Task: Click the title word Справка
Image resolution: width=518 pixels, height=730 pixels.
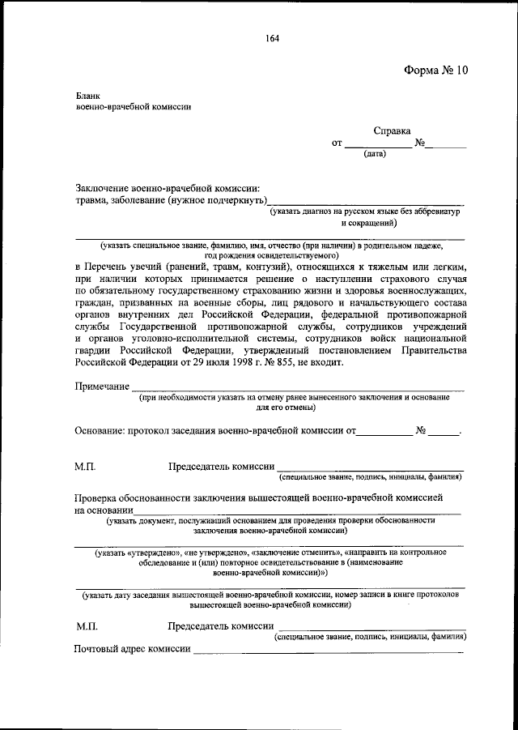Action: coord(392,130)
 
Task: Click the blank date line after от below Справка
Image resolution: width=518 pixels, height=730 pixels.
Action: coord(378,145)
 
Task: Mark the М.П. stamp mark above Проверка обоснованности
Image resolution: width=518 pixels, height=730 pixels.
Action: coord(85,467)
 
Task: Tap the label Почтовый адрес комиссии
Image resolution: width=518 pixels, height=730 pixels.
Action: coord(132,649)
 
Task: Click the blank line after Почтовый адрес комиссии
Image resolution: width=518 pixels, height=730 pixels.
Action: coord(328,651)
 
